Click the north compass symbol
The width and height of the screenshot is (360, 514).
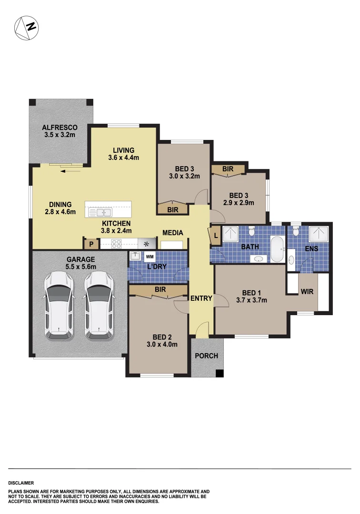tap(26, 28)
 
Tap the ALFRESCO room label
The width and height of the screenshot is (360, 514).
tap(60, 128)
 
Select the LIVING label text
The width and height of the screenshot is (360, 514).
tap(123, 150)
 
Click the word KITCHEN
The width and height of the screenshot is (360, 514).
tap(116, 223)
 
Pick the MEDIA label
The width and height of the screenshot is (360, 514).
tap(172, 233)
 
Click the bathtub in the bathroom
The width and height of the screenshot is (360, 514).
tap(277, 248)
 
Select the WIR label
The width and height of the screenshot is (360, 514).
tap(307, 292)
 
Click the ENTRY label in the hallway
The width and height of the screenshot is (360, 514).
tap(201, 298)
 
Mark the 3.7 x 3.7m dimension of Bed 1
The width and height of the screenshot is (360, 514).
tap(251, 300)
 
